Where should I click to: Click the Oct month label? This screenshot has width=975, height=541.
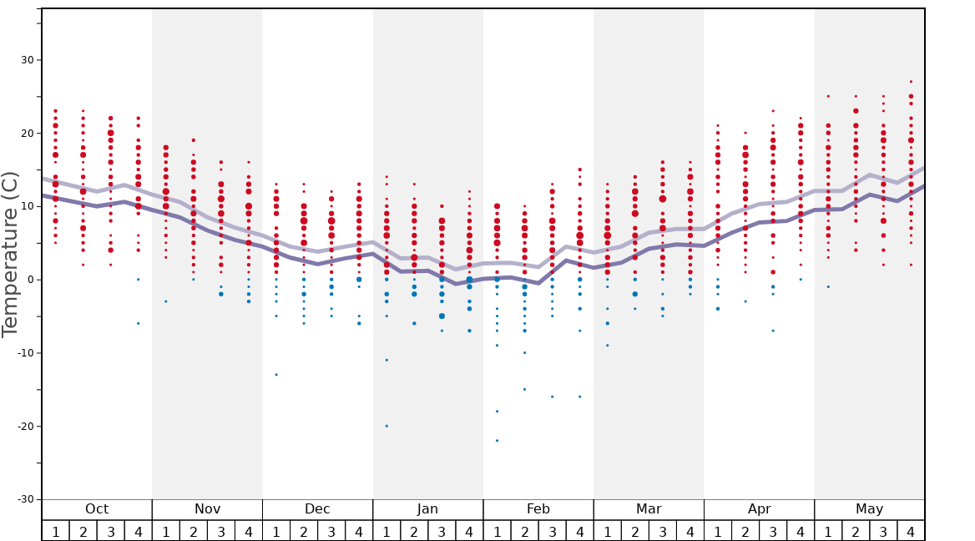point(97,509)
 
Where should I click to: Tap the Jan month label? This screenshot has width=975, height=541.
point(427,509)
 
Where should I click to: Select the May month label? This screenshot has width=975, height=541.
point(869,509)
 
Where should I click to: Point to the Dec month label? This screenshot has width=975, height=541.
point(317,509)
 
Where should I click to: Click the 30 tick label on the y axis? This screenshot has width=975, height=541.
point(26,60)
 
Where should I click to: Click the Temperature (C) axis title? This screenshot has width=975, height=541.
point(11,255)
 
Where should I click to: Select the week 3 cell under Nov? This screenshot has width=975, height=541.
point(221,531)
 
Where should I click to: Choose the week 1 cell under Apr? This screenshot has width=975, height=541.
point(717,531)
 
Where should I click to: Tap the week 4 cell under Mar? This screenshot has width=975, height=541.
point(690,531)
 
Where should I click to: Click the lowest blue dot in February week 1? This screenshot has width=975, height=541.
point(497,441)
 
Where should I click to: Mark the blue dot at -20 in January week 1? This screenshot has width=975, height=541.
point(386,426)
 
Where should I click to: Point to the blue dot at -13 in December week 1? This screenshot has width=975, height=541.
point(276,374)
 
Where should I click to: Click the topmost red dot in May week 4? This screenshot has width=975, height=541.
point(911,82)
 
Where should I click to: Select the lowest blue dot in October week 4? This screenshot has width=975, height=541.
point(139,323)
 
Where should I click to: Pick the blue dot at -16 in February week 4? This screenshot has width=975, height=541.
point(579,397)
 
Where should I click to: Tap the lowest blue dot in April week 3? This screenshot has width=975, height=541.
point(773,331)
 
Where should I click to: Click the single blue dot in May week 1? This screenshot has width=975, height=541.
point(828,286)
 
